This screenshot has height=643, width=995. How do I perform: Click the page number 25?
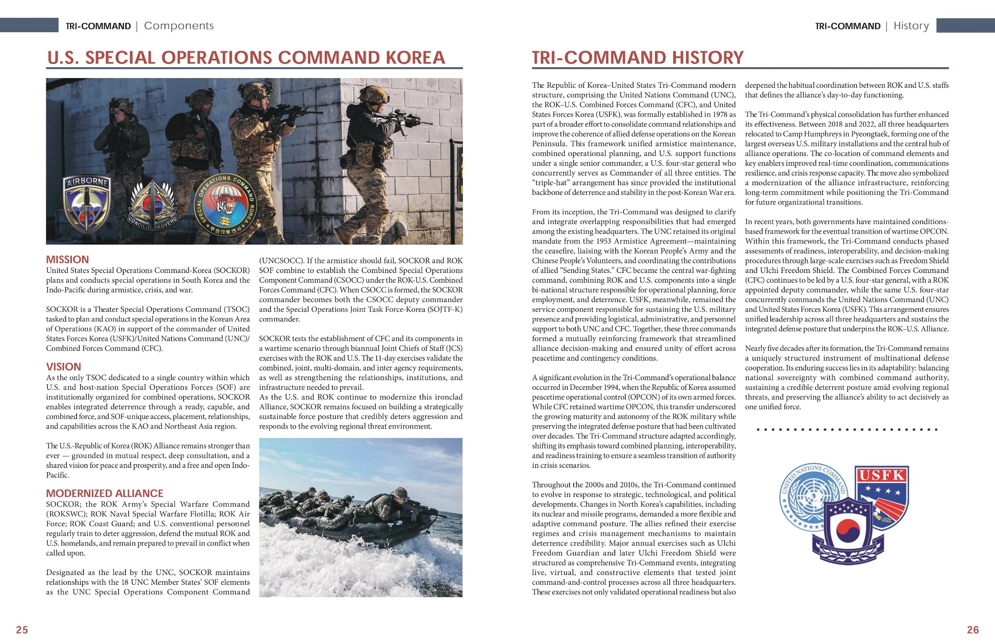point(22,630)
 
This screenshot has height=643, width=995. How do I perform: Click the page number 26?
point(973,630)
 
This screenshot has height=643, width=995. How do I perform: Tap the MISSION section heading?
point(67,259)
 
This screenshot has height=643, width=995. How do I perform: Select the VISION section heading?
point(63,367)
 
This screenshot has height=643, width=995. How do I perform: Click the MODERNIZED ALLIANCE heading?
point(105,493)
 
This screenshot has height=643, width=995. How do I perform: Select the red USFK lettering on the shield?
point(882,475)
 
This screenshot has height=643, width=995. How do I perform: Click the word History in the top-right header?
point(911,26)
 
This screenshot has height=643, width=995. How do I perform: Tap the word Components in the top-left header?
point(178,26)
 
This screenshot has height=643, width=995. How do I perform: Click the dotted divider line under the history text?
point(847,429)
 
